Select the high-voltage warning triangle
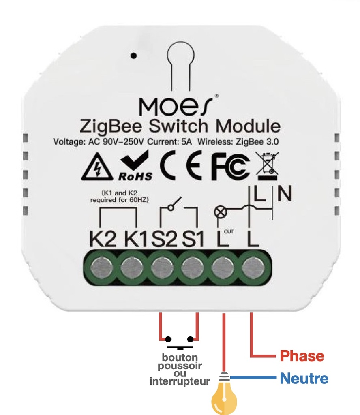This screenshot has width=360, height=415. point(97,167)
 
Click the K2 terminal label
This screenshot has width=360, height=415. point(103,240)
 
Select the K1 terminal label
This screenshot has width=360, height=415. point(135,240)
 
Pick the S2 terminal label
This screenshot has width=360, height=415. point(164,240)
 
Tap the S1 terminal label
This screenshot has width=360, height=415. point(193,240)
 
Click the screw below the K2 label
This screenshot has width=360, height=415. point(101,267)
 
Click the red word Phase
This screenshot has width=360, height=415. point(302,356)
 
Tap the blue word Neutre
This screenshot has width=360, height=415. point(304,379)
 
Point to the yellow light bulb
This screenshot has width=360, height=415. point(224,397)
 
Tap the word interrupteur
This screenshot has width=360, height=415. point(180,381)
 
